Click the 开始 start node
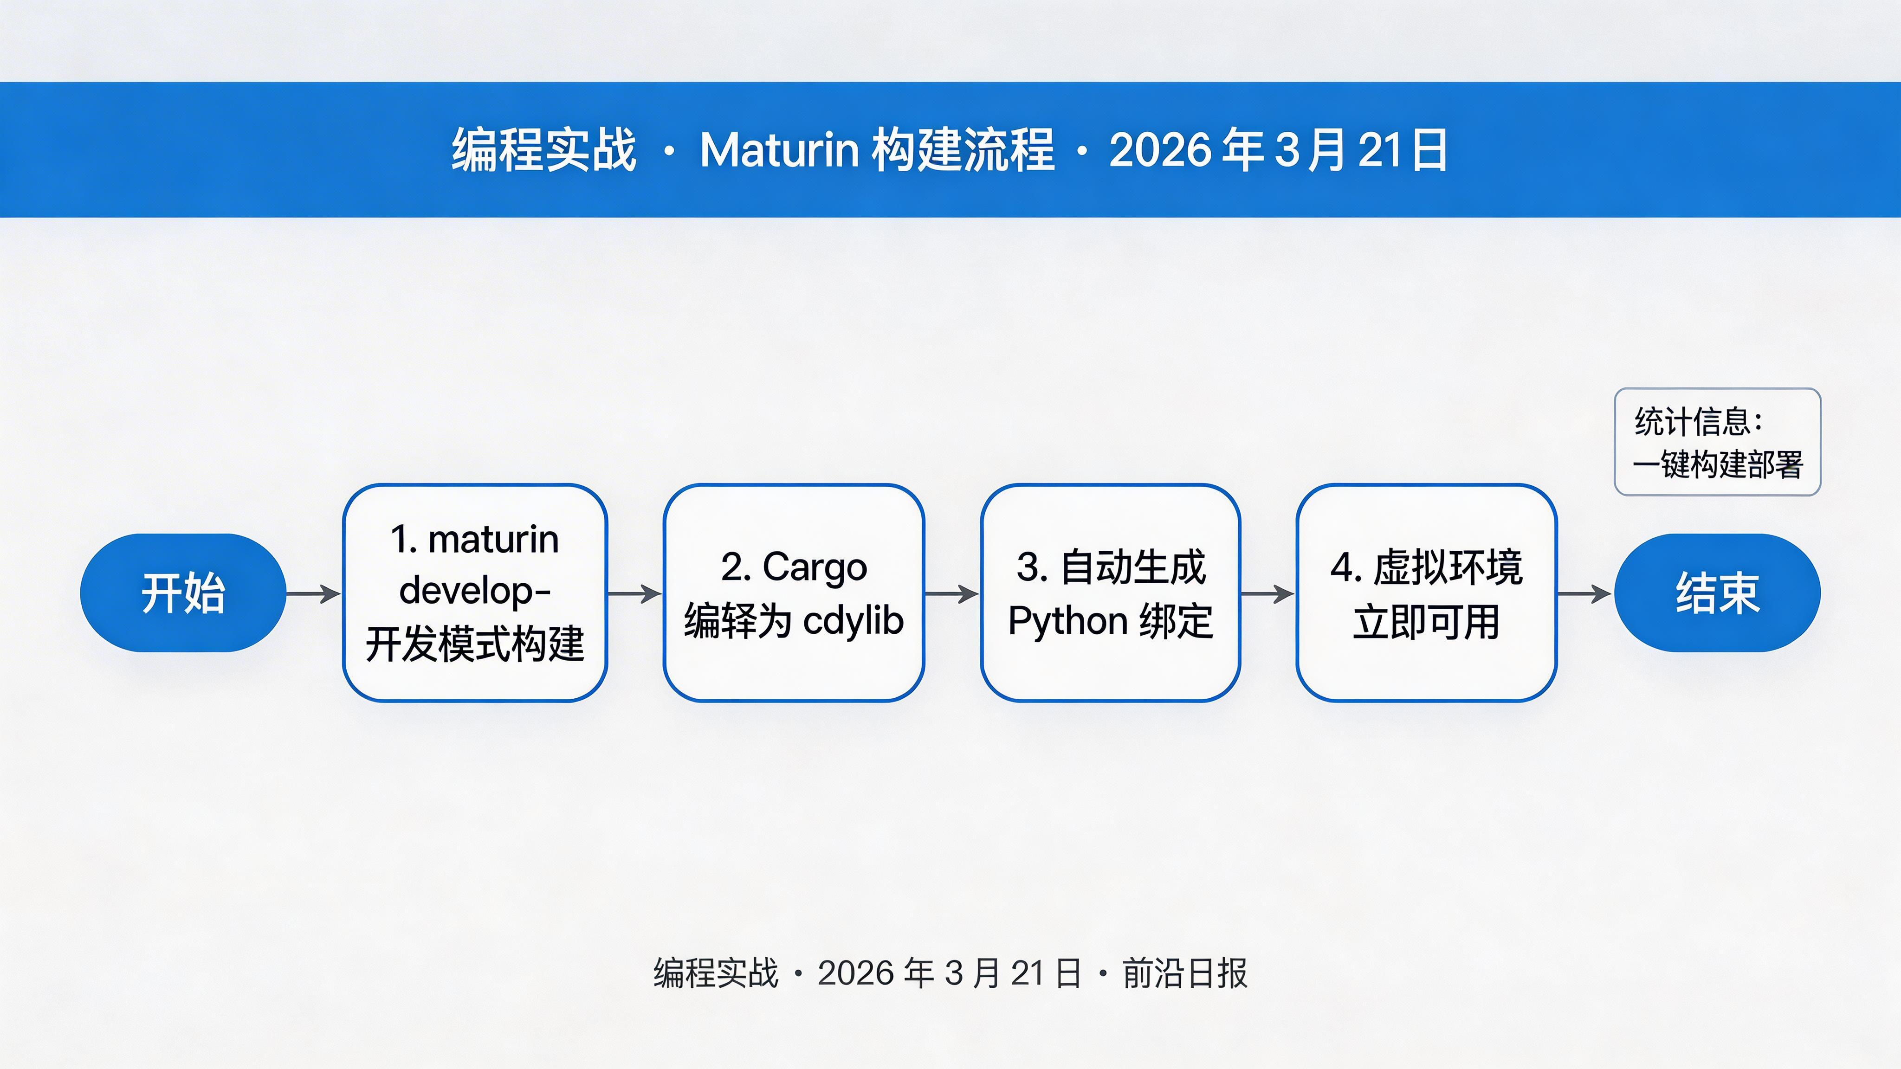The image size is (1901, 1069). click(x=183, y=592)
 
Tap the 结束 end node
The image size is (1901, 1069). click(x=1717, y=592)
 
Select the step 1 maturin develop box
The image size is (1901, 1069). click(x=474, y=592)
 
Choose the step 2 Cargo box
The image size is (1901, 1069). click(x=793, y=592)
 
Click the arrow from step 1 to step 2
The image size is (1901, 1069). click(x=634, y=593)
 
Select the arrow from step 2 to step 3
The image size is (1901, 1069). click(x=952, y=593)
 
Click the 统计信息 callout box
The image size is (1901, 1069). click(x=1717, y=442)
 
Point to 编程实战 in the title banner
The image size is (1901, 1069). click(x=544, y=150)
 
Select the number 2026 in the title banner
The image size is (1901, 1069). click(x=1158, y=150)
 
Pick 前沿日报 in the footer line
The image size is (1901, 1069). click(x=1184, y=973)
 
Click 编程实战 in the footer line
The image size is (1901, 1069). click(x=716, y=973)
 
